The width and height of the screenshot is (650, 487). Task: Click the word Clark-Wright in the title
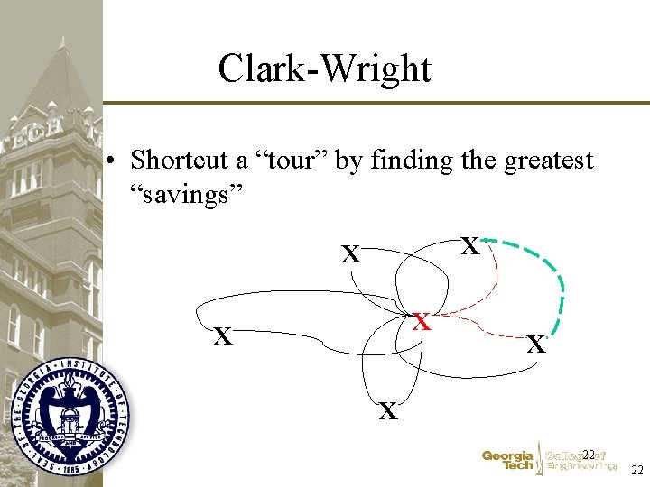tap(324, 69)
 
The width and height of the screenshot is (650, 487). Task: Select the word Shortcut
tap(179, 161)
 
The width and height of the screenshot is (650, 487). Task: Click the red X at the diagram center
tap(421, 322)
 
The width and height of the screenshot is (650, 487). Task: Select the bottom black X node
tap(388, 412)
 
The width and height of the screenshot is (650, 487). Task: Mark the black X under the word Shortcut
tap(350, 255)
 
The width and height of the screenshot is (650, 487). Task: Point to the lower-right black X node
tap(536, 345)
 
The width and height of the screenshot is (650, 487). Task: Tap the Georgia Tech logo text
tap(506, 461)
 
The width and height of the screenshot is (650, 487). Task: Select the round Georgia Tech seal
tap(70, 416)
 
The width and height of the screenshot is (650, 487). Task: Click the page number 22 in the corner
tap(636, 471)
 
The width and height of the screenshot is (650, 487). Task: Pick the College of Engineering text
tap(580, 461)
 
